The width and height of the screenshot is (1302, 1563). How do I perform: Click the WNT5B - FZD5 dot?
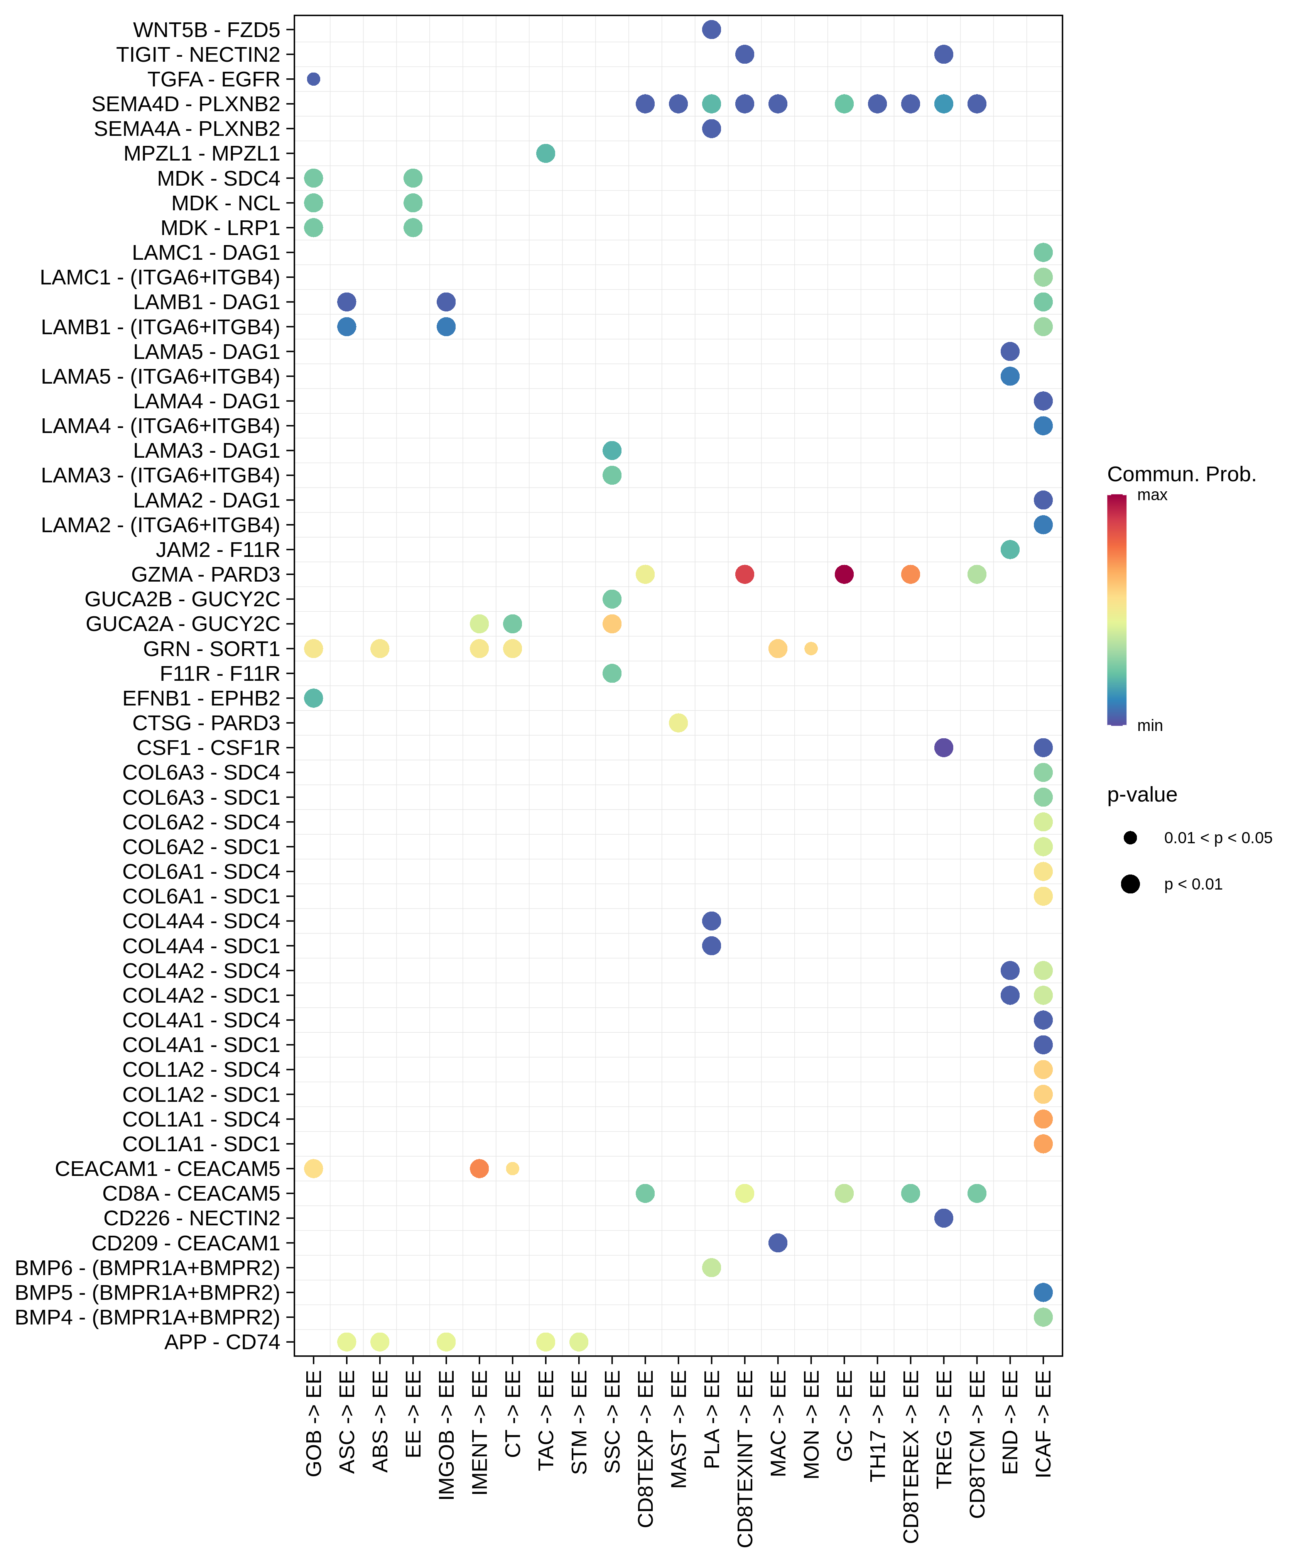(711, 30)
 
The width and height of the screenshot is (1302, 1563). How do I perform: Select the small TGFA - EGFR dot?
(313, 79)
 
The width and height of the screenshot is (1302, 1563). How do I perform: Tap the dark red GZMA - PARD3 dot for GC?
(844, 574)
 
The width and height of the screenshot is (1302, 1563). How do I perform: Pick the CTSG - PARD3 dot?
(678, 723)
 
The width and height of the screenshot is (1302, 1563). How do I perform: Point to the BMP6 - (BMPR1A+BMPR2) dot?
(711, 1267)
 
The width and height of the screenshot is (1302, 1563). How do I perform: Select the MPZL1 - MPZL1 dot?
(545, 153)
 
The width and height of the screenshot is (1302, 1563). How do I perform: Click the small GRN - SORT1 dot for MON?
(811, 648)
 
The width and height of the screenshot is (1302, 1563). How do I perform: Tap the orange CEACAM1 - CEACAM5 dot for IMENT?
(479, 1169)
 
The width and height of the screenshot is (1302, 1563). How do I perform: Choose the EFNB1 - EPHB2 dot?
(313, 698)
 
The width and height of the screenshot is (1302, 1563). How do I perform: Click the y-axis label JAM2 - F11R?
(218, 550)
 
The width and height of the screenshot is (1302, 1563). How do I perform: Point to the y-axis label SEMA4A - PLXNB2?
(187, 129)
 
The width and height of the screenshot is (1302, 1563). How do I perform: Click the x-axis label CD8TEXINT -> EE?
(745, 1459)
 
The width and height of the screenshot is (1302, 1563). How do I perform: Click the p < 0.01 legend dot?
(1130, 884)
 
